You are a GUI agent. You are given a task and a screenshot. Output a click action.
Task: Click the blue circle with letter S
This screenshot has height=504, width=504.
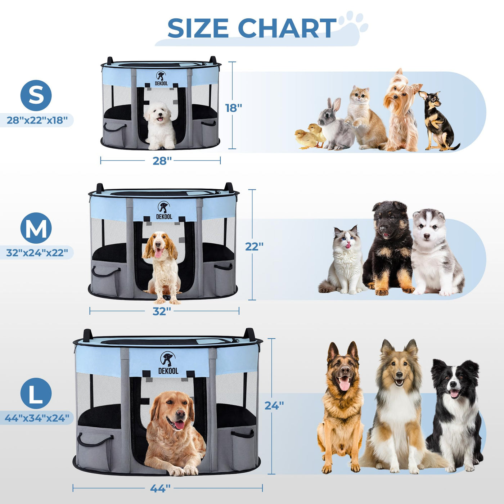pos(36,95)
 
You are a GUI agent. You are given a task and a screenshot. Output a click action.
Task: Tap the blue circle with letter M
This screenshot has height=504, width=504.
pos(36,228)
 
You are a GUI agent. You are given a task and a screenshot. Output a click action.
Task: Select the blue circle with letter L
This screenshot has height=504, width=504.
pos(36,393)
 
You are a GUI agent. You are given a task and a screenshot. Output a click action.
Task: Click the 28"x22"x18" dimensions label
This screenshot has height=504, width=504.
pos(37,120)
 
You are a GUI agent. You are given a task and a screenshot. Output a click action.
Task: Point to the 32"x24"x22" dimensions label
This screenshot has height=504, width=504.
pos(37,253)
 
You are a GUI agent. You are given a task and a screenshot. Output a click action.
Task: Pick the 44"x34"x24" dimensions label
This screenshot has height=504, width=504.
pos(37,418)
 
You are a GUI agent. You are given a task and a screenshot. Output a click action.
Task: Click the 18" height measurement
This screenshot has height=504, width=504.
pos(234,108)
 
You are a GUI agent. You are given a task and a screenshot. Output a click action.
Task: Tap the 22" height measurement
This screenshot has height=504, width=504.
pos(254,246)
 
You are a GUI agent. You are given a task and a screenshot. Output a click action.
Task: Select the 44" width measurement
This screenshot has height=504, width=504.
pos(160,488)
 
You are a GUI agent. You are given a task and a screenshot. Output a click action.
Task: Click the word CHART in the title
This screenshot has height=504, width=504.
pos(287,28)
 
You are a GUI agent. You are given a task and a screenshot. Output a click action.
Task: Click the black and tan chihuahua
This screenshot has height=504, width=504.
pos(437,120)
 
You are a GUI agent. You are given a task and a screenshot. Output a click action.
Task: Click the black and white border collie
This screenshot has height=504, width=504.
pos(455,416)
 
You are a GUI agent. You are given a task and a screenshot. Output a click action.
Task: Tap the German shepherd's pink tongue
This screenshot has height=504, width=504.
pos(344,384)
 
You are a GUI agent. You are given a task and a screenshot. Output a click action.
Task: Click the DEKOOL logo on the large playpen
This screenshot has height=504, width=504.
pos(168,363)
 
